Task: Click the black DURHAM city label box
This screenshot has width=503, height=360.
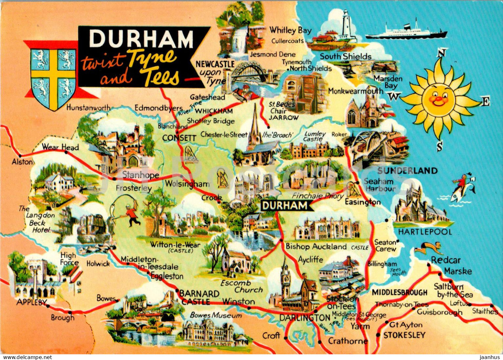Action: pyautogui.click(x=285, y=206)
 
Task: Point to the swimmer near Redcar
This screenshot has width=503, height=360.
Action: pyautogui.click(x=428, y=248)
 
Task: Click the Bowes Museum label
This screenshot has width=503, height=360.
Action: pyautogui.click(x=216, y=315)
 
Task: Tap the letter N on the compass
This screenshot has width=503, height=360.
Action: pyautogui.click(x=441, y=53)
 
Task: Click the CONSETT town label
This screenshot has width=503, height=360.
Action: pyautogui.click(x=179, y=138)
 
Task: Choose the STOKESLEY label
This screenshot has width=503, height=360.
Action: pyautogui.click(x=404, y=335)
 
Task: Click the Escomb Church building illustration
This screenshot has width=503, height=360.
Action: pyautogui.click(x=236, y=261)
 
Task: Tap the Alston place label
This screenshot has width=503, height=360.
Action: pyautogui.click(x=23, y=162)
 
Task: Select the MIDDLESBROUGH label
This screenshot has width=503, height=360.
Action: pyautogui.click(x=399, y=292)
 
